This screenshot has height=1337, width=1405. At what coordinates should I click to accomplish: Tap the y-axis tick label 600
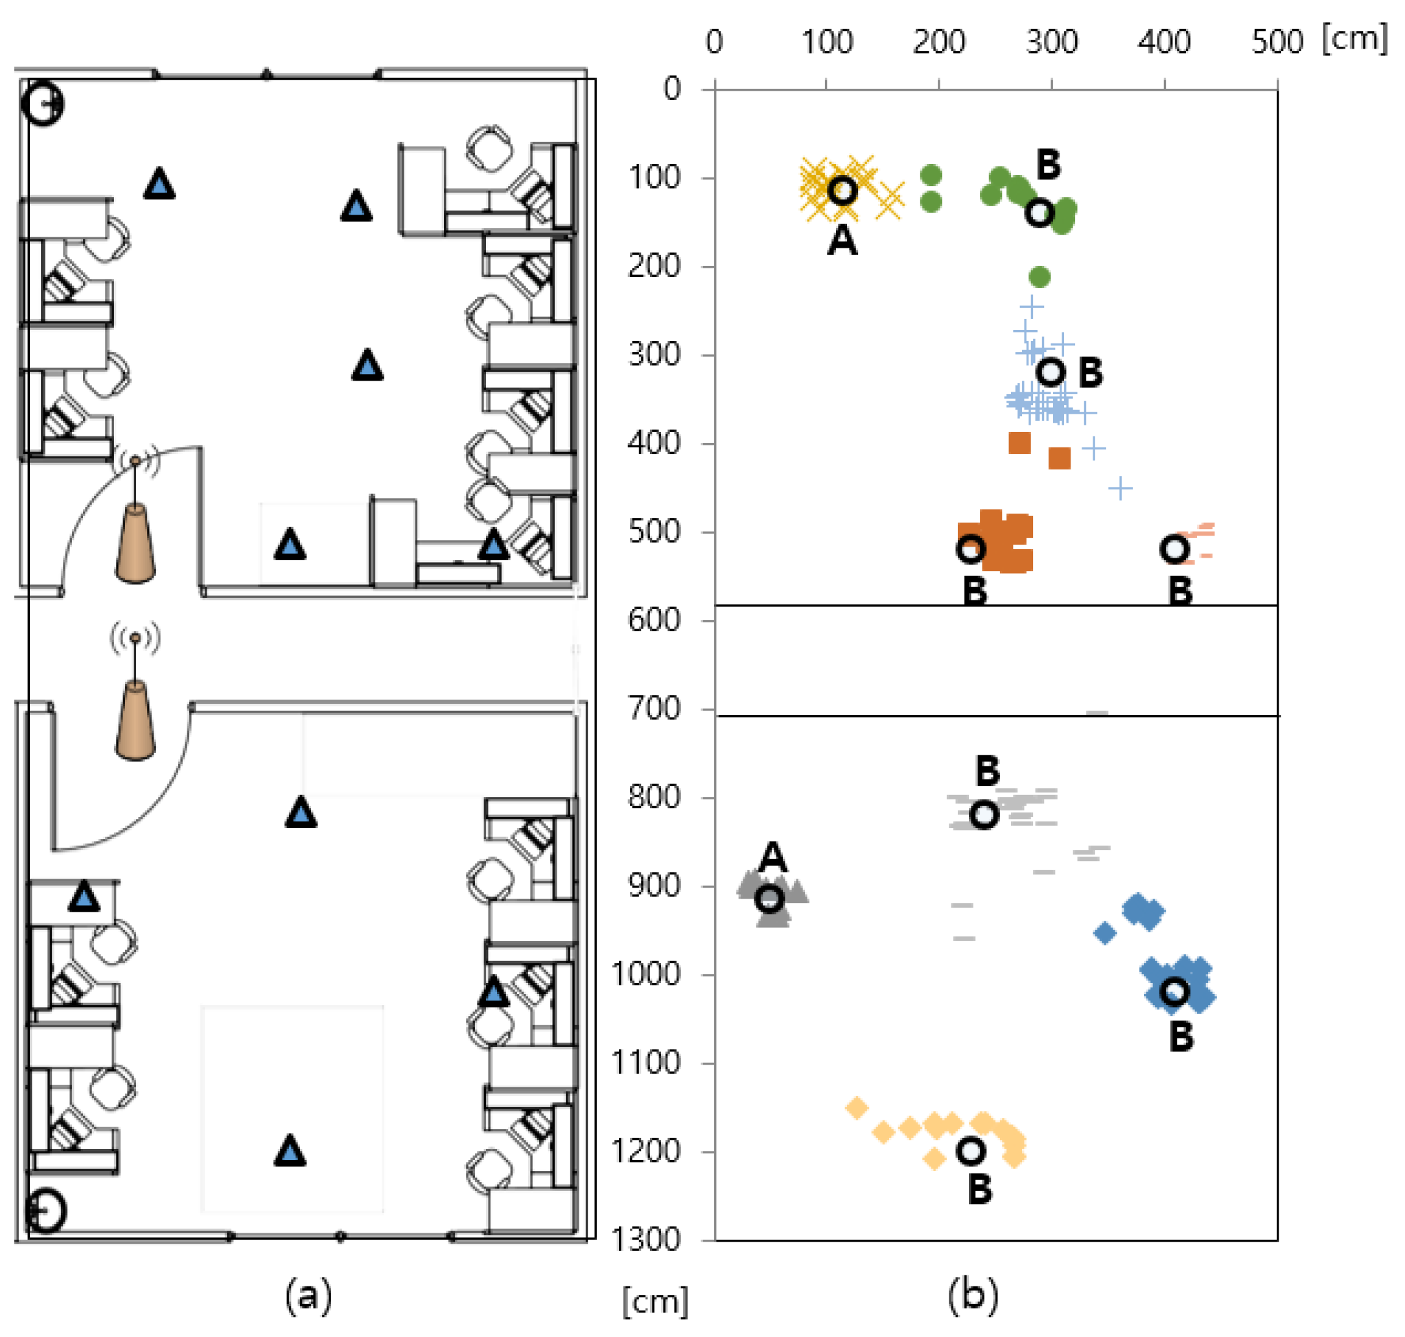pos(654,619)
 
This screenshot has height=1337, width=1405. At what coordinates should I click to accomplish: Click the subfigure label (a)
pos(308,1295)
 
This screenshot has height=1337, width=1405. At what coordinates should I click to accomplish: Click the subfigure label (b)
pos(973,1295)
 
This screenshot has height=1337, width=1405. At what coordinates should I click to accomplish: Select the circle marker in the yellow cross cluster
pos(842,190)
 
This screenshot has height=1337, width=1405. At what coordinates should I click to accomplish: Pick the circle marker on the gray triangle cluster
pos(769,899)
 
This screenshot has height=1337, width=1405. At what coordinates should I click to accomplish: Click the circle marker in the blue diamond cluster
pos(1174,991)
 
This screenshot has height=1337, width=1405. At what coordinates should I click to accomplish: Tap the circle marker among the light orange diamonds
pos(971,1150)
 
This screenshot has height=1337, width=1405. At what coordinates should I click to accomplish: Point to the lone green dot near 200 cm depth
pos(1039,276)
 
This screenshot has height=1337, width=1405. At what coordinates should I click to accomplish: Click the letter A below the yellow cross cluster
pos(842,241)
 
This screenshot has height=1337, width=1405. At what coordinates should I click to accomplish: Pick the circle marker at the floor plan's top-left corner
pos(43,104)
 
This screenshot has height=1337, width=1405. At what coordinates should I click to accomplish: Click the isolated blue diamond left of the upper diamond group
pos(1104,932)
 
